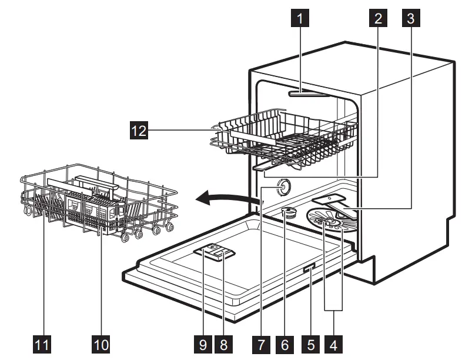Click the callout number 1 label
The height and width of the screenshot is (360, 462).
(x=300, y=19)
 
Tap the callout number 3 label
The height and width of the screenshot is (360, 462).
(x=410, y=19)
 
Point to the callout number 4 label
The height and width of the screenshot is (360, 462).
(x=334, y=344)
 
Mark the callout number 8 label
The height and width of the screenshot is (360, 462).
(x=223, y=344)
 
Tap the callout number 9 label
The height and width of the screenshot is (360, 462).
(x=203, y=344)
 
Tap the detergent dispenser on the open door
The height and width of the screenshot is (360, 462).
(x=215, y=254)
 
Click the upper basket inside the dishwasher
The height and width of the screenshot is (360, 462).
(x=282, y=138)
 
